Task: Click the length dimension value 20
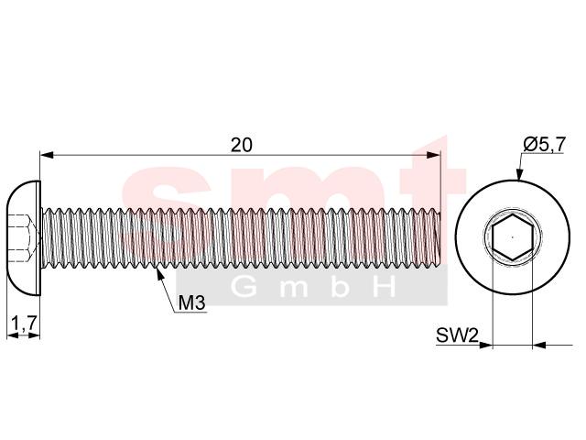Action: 242,145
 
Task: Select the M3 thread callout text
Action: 191,302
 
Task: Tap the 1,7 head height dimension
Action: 25,324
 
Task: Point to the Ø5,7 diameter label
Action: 544,145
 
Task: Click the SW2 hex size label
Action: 457,335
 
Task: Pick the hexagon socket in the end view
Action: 513,237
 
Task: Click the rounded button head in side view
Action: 24,238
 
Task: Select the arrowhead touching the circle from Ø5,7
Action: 519,174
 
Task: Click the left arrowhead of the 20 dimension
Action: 47,155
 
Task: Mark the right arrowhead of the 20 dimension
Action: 433,155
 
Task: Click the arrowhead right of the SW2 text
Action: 485,345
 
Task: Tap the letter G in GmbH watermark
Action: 244,287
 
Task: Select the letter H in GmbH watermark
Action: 385,287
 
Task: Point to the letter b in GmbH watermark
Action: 340,287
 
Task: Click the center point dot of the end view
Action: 513,237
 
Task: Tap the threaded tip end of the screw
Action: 439,237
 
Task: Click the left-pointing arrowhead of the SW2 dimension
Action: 539,345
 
